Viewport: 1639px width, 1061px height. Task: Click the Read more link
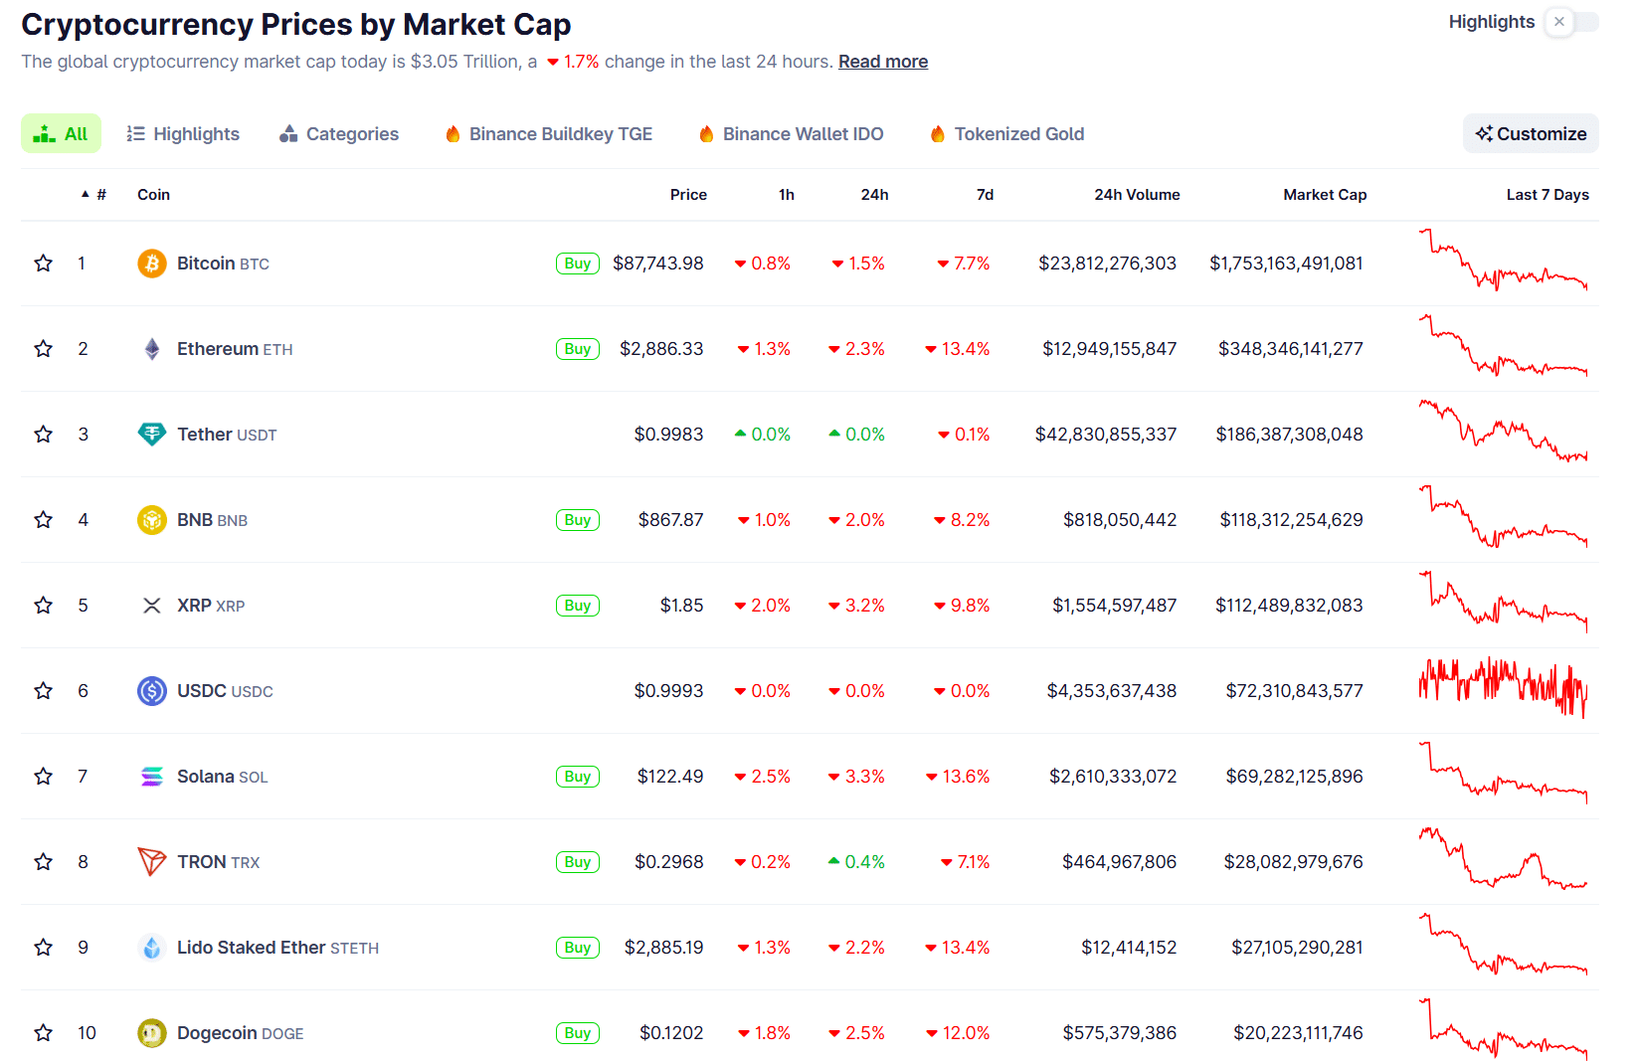[882, 62]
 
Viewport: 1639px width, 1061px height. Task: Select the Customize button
[1531, 134]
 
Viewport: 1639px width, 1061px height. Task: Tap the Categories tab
[339, 134]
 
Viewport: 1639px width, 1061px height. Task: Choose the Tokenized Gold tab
[1006, 134]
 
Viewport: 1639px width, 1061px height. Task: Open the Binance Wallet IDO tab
[791, 134]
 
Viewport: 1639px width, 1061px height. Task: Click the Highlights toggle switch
[1570, 22]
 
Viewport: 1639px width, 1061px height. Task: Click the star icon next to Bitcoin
[44, 264]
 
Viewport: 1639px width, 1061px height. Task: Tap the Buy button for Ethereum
[577, 349]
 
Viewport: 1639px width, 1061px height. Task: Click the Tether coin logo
[151, 435]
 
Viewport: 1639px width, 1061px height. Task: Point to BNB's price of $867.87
[670, 520]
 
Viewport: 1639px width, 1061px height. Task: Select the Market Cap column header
[1324, 195]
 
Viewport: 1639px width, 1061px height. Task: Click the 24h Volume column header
[1136, 195]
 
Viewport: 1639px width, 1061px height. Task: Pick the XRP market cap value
[1288, 606]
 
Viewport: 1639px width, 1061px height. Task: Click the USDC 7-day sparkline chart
[1503, 688]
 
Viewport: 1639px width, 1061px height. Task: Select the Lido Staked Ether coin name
[252, 948]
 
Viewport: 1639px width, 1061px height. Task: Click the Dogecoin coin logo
[151, 1033]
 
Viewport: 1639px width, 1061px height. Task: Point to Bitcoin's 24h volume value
[1107, 264]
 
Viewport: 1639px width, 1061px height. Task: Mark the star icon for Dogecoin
[44, 1033]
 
